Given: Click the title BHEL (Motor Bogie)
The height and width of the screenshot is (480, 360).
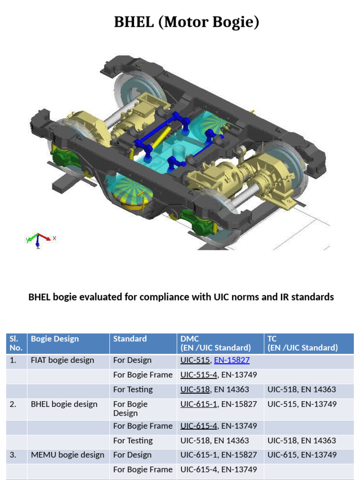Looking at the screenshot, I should (x=186, y=22).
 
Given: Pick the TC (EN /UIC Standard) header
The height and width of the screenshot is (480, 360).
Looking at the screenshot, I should (x=302, y=343).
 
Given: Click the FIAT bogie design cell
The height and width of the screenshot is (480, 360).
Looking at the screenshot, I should (x=62, y=360).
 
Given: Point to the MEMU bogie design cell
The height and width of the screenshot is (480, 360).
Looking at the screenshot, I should (x=67, y=455).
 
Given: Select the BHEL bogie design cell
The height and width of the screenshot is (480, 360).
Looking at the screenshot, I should (x=64, y=404).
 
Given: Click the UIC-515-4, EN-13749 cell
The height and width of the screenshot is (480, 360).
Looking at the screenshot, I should (x=218, y=375).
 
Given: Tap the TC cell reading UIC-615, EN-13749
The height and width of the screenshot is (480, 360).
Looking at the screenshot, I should (x=302, y=455).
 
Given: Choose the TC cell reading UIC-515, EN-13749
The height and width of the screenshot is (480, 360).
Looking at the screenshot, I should (x=302, y=404).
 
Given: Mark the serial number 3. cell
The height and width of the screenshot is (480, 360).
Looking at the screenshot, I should (x=13, y=455).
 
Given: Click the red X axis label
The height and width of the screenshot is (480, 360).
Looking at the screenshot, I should (x=54, y=238).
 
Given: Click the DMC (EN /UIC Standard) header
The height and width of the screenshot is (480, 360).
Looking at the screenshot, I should (x=216, y=343).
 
